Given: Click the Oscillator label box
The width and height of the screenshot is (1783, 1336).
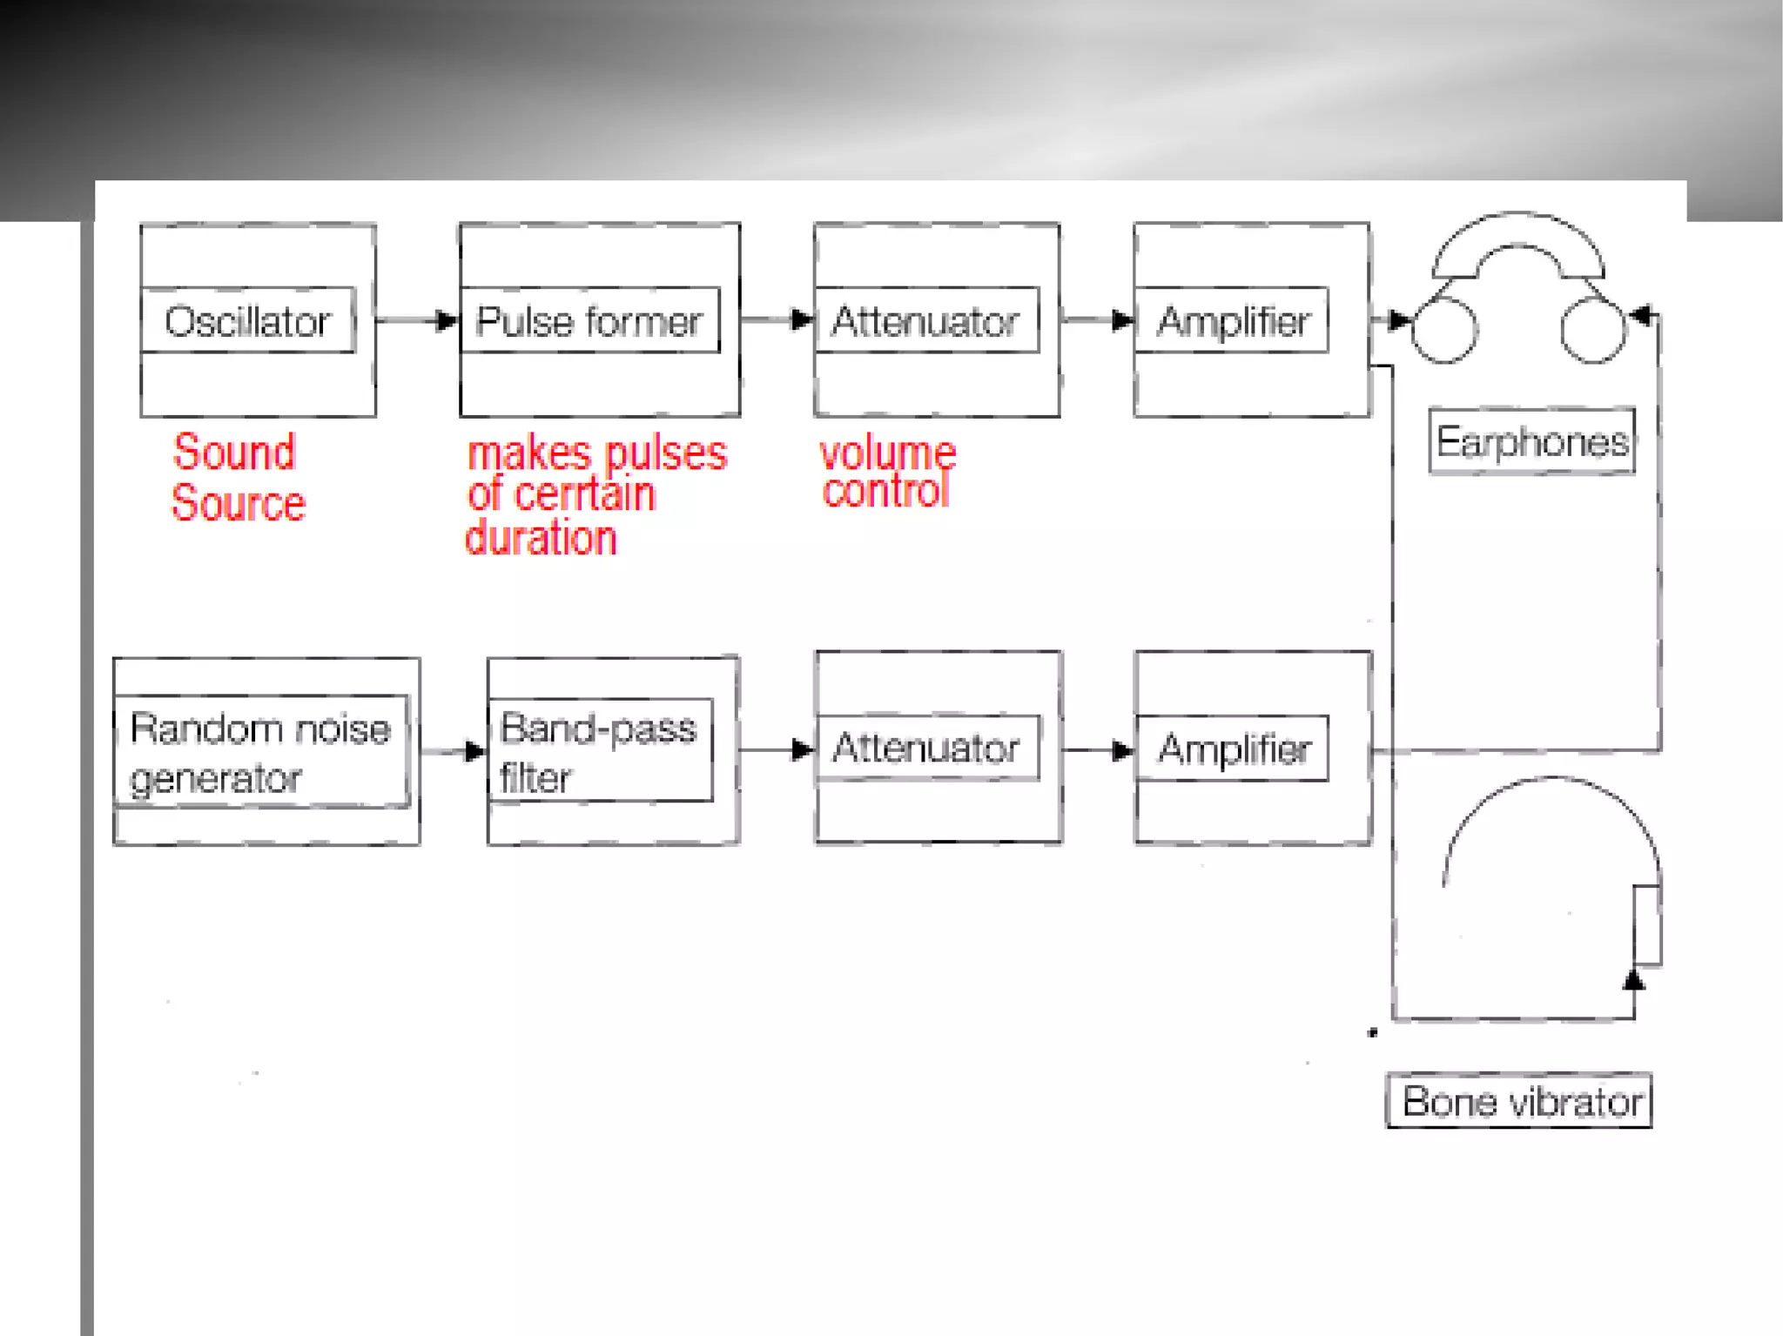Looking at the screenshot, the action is pyautogui.click(x=248, y=320).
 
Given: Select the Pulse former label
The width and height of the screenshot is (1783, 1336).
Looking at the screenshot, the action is pyautogui.click(x=589, y=320).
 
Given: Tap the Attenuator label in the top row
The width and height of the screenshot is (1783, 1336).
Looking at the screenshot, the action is pyautogui.click(x=926, y=320).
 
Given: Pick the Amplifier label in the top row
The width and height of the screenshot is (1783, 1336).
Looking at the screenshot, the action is pyautogui.click(x=1232, y=320).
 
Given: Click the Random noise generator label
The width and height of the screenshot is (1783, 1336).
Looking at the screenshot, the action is pyautogui.click(x=260, y=752).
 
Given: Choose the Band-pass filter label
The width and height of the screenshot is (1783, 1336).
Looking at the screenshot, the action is pyautogui.click(x=600, y=750).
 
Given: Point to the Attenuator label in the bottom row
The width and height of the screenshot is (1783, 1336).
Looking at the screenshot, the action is pyautogui.click(x=926, y=748).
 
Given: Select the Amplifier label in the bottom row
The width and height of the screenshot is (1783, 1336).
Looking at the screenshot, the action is pyautogui.click(x=1232, y=748).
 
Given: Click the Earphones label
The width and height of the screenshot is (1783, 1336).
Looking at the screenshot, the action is pyautogui.click(x=1531, y=441).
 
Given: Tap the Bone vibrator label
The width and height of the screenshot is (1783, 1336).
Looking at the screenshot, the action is pyautogui.click(x=1519, y=1101).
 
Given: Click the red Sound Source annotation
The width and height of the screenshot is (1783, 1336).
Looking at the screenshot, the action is pyautogui.click(x=237, y=478).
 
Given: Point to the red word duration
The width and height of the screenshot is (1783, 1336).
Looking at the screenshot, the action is pyautogui.click(x=541, y=538).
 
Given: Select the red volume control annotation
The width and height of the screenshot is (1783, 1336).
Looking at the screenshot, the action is pyautogui.click(x=886, y=472).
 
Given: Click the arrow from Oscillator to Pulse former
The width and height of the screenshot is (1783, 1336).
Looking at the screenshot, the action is pyautogui.click(x=418, y=320).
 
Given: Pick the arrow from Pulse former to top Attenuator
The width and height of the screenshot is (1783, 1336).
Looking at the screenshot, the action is pyautogui.click(x=777, y=319).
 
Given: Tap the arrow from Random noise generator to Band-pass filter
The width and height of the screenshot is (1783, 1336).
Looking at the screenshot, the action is pyautogui.click(x=454, y=751).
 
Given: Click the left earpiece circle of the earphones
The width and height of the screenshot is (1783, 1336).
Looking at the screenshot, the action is pyautogui.click(x=1444, y=331).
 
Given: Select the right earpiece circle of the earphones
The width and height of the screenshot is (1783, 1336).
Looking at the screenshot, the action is pyautogui.click(x=1592, y=331).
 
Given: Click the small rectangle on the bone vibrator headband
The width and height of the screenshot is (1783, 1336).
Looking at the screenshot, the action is pyautogui.click(x=1646, y=924).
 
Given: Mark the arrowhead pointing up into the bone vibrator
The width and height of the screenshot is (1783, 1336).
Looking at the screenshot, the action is pyautogui.click(x=1634, y=981).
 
